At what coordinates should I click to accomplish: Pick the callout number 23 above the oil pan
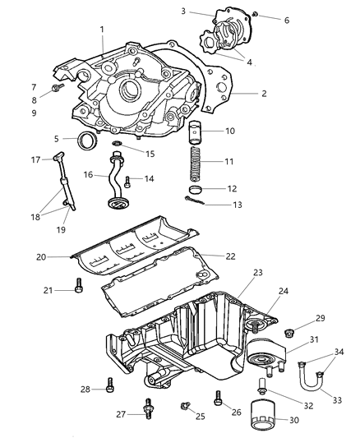257,271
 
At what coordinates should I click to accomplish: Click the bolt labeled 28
108,388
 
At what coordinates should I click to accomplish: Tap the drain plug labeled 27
150,408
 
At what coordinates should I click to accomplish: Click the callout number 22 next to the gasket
230,256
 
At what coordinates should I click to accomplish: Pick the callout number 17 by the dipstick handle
36,159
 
